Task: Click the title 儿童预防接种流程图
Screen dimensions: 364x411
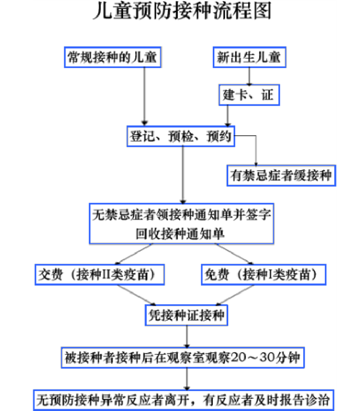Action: coord(182,11)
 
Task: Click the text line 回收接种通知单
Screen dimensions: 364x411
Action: coord(180,234)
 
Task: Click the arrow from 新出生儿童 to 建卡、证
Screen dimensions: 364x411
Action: coord(249,76)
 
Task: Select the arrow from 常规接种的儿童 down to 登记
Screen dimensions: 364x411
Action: coord(144,96)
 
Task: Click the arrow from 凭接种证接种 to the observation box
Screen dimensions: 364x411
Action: coord(187,336)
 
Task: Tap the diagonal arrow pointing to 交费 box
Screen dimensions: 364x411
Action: coord(133,254)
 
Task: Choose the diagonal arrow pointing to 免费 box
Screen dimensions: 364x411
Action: coord(234,254)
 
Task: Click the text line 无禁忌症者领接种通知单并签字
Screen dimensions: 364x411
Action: coord(181,215)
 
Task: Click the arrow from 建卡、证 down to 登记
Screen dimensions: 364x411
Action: coord(227,116)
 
